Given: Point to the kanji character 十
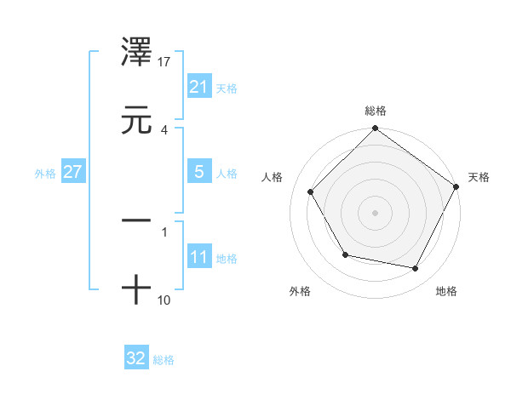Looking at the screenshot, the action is tap(137, 290).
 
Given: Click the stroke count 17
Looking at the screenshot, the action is tap(165, 61).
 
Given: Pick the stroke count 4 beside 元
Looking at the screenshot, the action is tap(164, 129).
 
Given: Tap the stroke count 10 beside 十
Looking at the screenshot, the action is tap(165, 300).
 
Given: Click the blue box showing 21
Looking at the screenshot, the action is tap(198, 87).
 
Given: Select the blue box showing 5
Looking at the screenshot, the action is tap(198, 172).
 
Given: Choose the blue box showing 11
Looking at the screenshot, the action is tap(198, 257).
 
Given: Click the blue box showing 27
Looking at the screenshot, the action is tap(72, 172).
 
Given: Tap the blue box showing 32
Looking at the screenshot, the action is tap(136, 358).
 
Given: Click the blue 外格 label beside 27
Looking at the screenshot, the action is tap(45, 173).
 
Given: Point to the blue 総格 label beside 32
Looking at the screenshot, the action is tap(164, 359).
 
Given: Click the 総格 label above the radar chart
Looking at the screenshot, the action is tap(376, 111).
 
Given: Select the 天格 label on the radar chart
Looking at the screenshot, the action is tap(479, 177).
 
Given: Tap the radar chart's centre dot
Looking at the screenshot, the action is tap(375, 212).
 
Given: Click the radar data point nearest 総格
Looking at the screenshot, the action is tap(375, 130).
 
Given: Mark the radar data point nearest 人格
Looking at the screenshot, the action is tap(310, 191).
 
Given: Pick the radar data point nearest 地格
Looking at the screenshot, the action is tap(416, 268).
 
